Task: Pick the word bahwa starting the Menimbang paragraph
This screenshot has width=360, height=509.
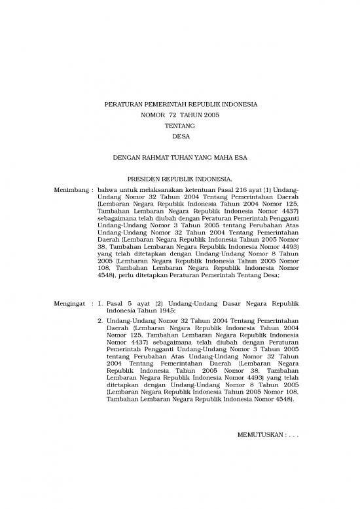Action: pyautogui.click(x=107, y=189)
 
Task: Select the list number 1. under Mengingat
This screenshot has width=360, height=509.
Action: pyautogui.click(x=99, y=305)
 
